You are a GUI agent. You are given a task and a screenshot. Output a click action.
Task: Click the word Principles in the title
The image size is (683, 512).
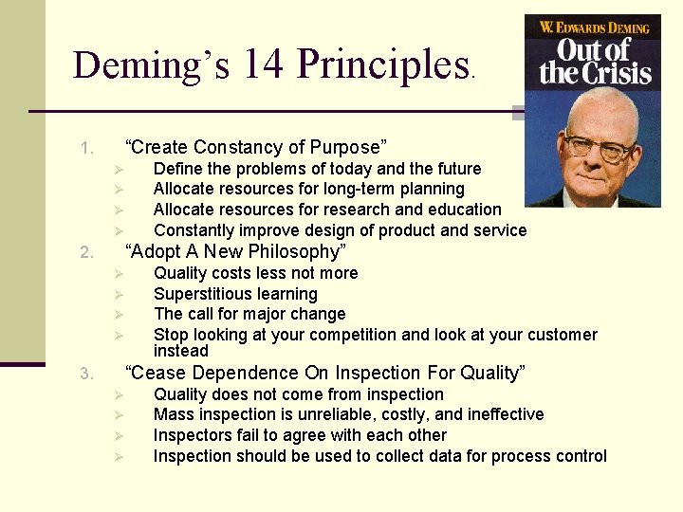coord(382,64)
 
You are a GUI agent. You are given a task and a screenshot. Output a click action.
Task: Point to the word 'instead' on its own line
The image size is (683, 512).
coord(180,351)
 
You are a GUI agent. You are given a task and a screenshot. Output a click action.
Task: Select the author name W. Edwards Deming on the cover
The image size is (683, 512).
coord(593,27)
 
